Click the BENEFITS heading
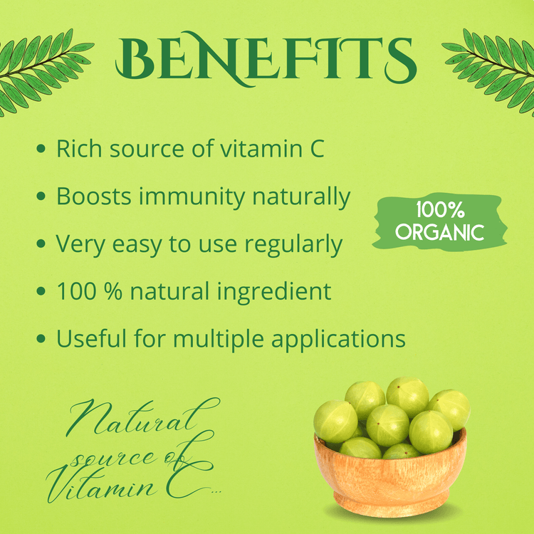(266, 58)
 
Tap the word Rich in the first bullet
(79, 149)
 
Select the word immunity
(192, 197)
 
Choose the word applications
(338, 340)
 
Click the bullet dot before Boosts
(41, 197)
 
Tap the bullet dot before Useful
(41, 338)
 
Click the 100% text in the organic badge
(440, 210)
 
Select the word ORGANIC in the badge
(440, 233)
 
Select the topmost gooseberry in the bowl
(407, 397)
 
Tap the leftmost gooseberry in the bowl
(335, 422)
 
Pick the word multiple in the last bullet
(219, 340)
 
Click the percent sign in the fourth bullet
(113, 291)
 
